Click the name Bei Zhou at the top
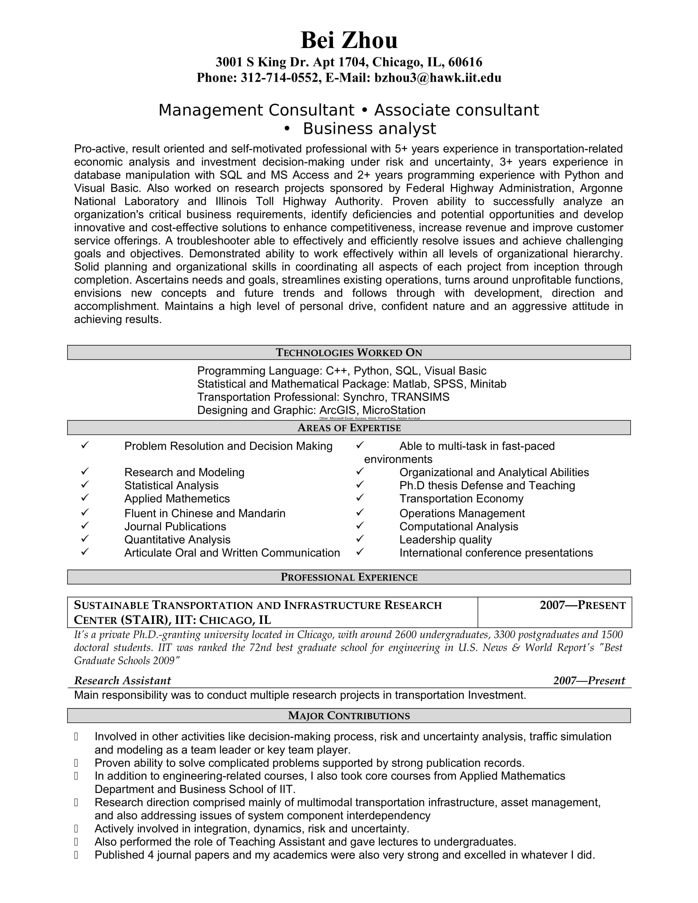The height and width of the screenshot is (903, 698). (349, 41)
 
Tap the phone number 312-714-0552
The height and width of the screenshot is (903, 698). (279, 78)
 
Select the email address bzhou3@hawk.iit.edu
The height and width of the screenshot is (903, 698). (438, 78)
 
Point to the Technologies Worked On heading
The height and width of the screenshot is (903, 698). (349, 353)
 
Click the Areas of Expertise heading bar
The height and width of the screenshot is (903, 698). (349, 428)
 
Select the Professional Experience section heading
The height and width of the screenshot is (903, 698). (349, 577)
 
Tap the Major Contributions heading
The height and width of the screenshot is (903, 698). (349, 716)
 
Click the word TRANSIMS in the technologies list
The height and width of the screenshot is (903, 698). (420, 397)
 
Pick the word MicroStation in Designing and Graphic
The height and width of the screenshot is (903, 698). (394, 410)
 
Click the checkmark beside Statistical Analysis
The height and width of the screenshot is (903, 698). (85, 484)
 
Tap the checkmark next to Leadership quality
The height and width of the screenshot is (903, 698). (360, 539)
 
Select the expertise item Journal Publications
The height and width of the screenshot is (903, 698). (175, 527)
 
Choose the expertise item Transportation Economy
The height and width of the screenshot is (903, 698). (461, 499)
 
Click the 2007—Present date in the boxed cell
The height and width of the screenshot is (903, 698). (582, 606)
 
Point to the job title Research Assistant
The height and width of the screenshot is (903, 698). (122, 681)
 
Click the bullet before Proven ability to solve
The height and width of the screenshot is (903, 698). (76, 763)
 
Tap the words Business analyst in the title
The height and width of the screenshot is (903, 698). (369, 129)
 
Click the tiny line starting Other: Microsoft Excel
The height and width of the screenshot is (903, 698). (369, 418)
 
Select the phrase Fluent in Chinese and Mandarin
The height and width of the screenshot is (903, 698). (205, 513)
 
